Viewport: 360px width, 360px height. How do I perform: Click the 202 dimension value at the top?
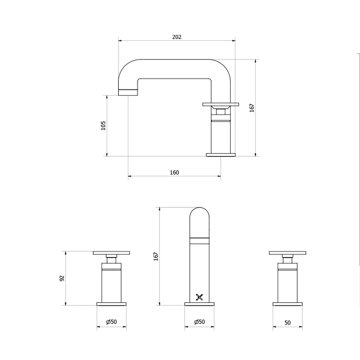click(x=177, y=37)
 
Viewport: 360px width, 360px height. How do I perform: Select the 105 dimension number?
click(x=103, y=125)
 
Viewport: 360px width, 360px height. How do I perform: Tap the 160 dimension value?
click(x=174, y=172)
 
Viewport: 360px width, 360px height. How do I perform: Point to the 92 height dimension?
click(x=62, y=278)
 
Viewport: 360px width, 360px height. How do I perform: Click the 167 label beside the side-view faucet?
click(x=252, y=108)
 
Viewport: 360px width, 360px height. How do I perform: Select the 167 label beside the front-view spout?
click(x=156, y=256)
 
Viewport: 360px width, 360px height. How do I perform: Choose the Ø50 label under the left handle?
click(x=112, y=322)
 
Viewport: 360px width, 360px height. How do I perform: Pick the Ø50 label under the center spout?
click(x=199, y=322)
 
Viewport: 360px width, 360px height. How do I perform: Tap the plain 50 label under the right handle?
click(x=287, y=323)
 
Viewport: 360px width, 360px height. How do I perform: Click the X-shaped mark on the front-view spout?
click(x=199, y=297)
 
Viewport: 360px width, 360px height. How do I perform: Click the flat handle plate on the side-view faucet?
click(x=221, y=104)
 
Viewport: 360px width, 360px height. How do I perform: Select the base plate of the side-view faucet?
click(x=221, y=155)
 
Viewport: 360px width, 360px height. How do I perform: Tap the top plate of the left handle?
click(x=111, y=253)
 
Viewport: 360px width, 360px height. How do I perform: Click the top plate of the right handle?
click(x=287, y=253)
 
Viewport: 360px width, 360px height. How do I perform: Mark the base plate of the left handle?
click(x=112, y=304)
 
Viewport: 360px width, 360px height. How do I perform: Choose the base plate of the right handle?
click(x=287, y=304)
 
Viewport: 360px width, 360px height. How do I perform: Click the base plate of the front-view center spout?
click(x=199, y=304)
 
